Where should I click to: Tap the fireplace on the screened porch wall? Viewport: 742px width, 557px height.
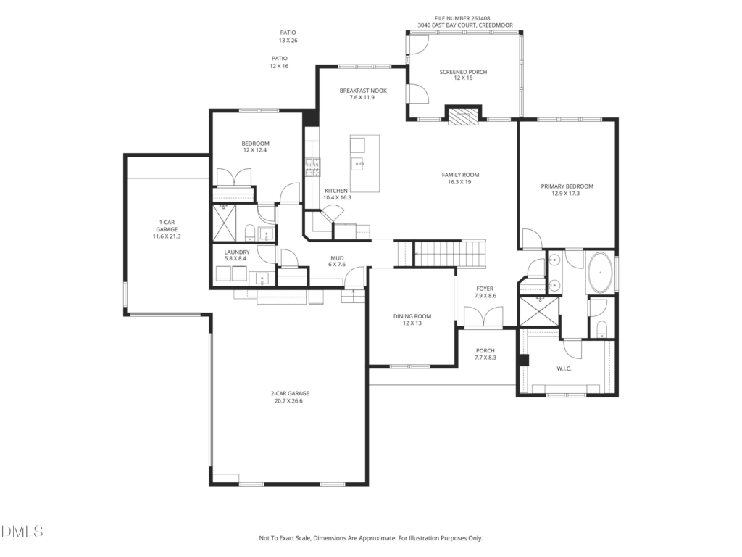463,116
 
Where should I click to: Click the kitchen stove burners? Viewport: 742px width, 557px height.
312,168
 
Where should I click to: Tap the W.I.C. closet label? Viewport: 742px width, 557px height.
564,368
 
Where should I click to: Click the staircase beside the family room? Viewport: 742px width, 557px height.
450,254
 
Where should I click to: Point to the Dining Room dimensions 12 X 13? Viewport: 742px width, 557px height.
412,323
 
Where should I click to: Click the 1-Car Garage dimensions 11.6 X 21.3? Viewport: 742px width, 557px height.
167,236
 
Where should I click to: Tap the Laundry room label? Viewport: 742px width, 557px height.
237,252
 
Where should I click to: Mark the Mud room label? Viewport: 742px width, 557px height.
337,259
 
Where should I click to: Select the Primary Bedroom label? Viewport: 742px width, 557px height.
567,186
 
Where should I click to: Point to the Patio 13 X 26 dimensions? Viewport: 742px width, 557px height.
288,41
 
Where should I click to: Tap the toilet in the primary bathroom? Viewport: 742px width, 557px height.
601,329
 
